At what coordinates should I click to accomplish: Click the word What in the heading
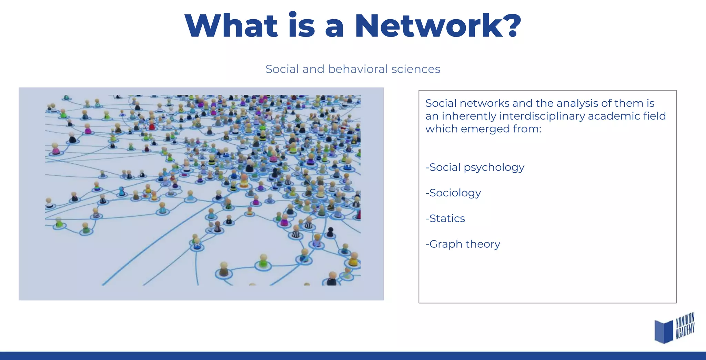click(x=231, y=26)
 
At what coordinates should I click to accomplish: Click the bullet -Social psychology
click(x=475, y=167)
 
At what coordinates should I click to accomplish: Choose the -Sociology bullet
click(x=453, y=193)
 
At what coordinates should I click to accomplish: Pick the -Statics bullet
click(x=445, y=218)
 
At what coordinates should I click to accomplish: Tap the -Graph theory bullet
click(x=463, y=244)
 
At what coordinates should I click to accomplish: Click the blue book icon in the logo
click(x=664, y=331)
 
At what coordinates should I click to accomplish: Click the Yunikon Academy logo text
click(x=685, y=326)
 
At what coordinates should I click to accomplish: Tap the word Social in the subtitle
click(x=282, y=69)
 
